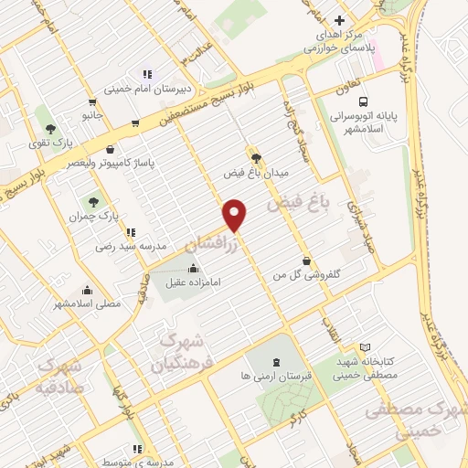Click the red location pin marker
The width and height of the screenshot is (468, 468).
pos(236,214)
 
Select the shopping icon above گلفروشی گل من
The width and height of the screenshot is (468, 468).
pos(307,261)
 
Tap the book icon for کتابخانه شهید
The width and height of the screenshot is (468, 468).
pos(366,347)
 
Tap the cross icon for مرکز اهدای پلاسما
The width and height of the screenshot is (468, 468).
pos(339,20)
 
